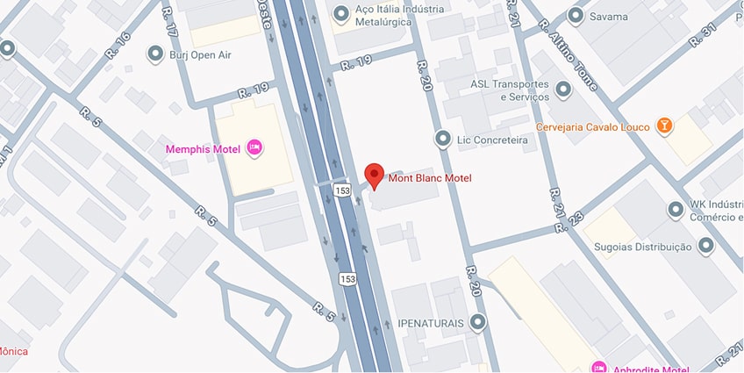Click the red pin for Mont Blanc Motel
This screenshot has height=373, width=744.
point(375,174)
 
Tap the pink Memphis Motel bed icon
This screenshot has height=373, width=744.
point(254,147)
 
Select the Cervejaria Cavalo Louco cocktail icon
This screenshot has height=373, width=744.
point(667,127)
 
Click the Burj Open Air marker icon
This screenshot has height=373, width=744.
point(155,55)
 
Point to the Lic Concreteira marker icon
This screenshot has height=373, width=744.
point(443,140)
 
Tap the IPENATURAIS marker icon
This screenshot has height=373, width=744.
point(476,323)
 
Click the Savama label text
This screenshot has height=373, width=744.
point(609,16)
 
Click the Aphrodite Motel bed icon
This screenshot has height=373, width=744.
point(599,367)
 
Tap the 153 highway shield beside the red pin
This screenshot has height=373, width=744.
point(342,190)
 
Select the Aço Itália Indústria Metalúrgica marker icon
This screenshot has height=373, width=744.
point(340,14)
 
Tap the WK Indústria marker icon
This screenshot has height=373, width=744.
point(676,211)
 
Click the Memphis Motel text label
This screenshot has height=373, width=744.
point(204,148)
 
